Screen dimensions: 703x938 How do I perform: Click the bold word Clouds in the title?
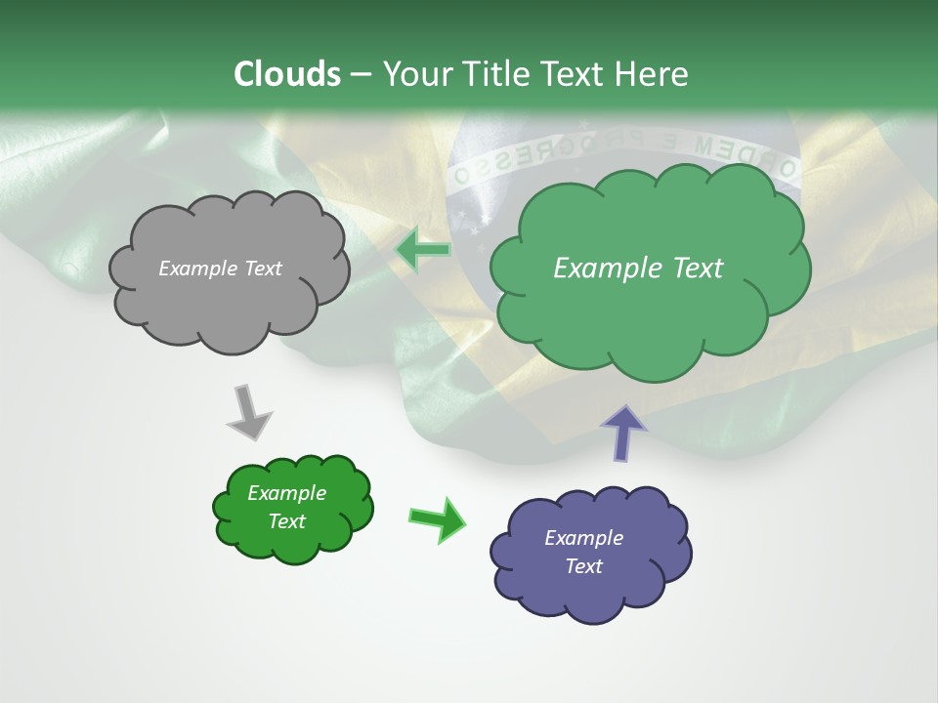point(287,74)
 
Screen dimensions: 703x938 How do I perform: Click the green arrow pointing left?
point(422,250)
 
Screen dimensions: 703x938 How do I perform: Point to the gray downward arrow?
point(249,412)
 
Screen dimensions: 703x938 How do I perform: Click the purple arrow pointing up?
point(622,432)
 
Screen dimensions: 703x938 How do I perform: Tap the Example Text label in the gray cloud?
point(220,269)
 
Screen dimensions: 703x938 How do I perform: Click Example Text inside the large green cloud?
point(638,269)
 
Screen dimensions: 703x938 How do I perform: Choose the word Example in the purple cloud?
point(583,538)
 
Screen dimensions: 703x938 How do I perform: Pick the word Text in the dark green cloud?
point(287,521)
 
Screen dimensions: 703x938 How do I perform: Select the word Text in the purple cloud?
point(583,566)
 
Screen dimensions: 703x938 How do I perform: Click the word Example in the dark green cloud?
point(287,493)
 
